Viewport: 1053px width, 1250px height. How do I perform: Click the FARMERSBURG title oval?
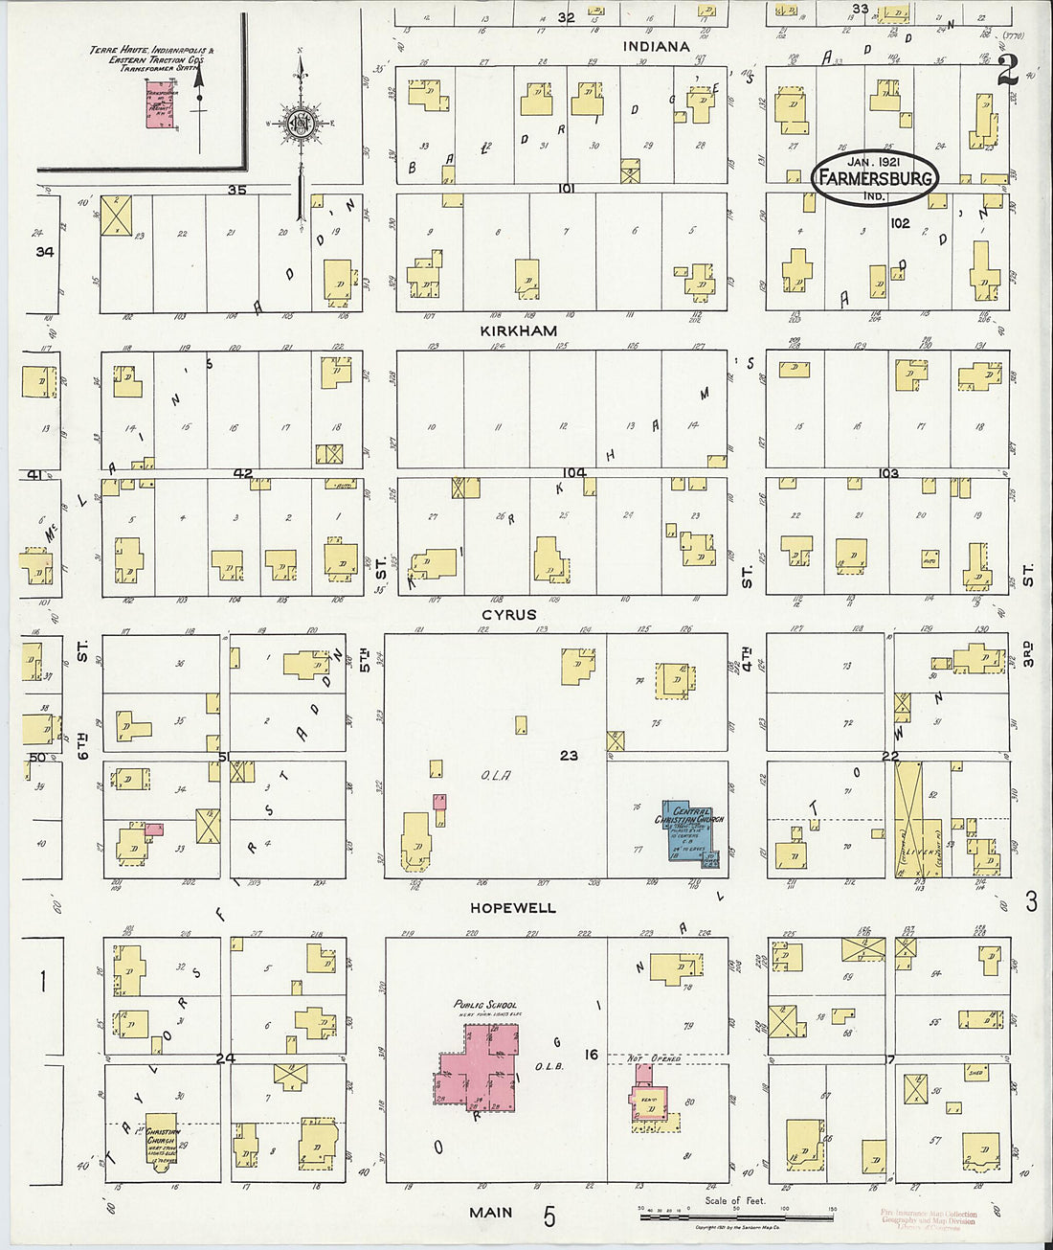tap(873, 178)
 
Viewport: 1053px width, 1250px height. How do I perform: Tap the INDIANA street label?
tap(656, 46)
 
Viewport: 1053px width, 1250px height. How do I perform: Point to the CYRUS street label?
tap(508, 614)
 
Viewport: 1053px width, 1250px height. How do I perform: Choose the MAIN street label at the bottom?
tap(490, 1213)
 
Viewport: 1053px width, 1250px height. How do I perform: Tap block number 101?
tap(566, 189)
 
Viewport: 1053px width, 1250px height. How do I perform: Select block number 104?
tap(573, 472)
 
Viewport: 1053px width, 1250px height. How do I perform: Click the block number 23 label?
tap(569, 755)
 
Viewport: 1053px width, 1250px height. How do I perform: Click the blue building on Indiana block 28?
tap(681, 117)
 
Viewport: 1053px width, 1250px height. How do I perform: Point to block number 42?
tap(242, 472)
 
